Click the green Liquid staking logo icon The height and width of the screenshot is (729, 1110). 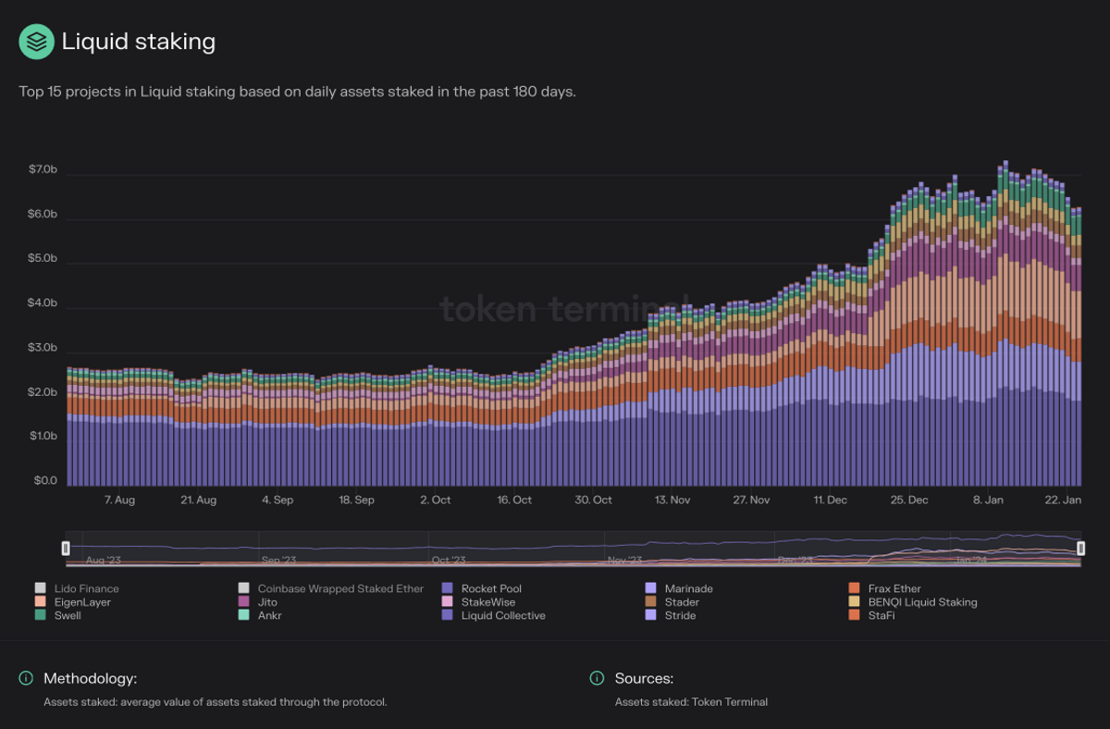pos(37,42)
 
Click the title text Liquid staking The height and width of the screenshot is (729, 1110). pos(138,42)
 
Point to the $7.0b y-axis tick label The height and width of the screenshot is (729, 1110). pos(43,169)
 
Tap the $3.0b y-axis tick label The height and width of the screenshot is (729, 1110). pos(43,348)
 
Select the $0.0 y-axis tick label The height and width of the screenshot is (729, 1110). pos(44,481)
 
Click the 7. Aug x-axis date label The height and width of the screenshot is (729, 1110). pos(119,500)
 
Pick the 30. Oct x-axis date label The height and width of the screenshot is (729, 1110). pos(593,500)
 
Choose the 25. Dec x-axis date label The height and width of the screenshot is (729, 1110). pos(909,500)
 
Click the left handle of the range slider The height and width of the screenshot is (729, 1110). pos(66,549)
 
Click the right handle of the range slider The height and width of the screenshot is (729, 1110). pos(1080,549)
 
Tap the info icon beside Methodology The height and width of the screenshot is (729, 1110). pos(27,679)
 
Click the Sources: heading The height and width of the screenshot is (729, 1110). pos(644,679)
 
